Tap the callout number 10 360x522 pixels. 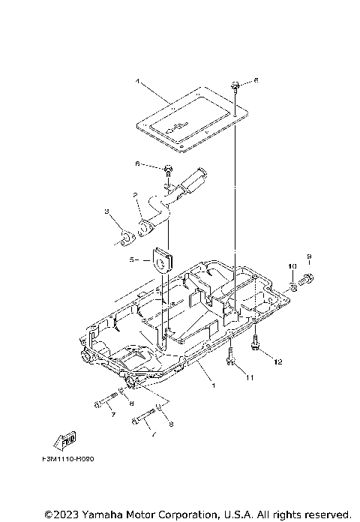292,265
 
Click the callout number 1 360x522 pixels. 213,385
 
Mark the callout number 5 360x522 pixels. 131,261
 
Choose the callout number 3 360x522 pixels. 107,212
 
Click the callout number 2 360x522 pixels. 136,195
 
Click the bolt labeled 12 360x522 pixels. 258,346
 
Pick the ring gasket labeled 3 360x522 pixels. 124,238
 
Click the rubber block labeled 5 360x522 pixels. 161,261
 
